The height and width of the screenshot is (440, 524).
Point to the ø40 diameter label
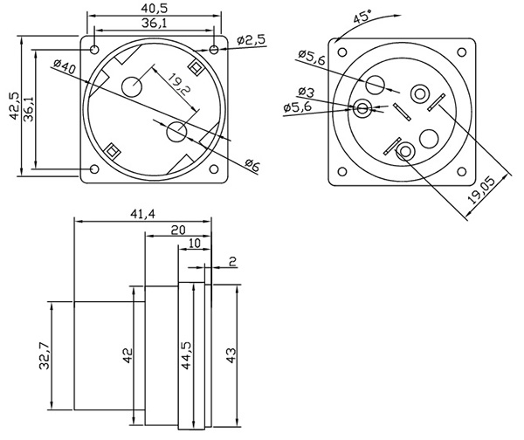click(x=65, y=65)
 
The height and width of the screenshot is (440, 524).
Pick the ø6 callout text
click(x=252, y=165)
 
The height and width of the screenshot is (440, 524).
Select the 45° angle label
click(x=360, y=17)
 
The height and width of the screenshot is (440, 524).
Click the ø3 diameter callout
click(x=306, y=93)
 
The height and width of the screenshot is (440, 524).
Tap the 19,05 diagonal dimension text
click(x=482, y=189)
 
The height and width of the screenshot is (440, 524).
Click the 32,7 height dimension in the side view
click(x=43, y=355)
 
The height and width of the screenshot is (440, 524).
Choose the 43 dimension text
click(x=231, y=355)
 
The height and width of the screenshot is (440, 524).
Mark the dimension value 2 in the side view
click(x=232, y=261)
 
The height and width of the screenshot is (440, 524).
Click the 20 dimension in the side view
click(x=178, y=230)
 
